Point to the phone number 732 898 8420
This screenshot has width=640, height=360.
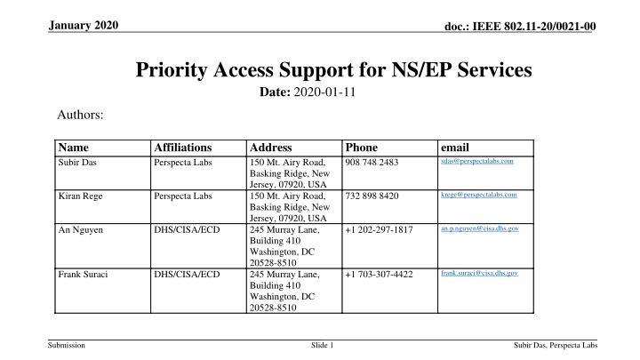373,196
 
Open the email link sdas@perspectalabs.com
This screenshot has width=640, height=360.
476,161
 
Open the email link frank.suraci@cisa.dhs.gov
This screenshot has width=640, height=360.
479,272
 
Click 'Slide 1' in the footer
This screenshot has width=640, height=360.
320,346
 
